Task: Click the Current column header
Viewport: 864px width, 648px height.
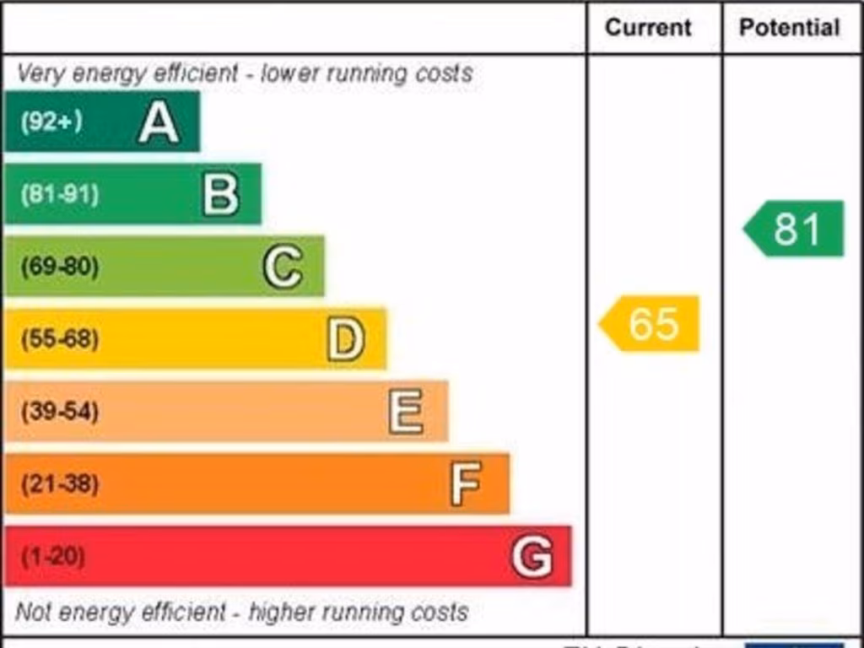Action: point(648,28)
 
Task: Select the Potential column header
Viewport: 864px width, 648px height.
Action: point(789,28)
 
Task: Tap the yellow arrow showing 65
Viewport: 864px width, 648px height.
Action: point(651,323)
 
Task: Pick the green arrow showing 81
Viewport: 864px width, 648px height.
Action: point(795,229)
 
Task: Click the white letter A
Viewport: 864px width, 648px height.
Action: point(159,122)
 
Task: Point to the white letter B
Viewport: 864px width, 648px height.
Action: point(221,194)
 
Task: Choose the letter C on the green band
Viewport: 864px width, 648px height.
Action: point(283,267)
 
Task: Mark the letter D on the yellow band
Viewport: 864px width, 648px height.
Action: point(346,339)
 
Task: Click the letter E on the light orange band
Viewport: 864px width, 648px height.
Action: point(407,412)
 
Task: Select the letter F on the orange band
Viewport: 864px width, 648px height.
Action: point(466,483)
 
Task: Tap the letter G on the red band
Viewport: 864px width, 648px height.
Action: point(532,557)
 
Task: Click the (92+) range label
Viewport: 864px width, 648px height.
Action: point(51,122)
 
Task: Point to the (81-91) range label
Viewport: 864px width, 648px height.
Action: point(60,195)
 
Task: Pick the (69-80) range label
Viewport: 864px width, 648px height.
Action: point(60,267)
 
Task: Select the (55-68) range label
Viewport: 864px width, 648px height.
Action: point(60,340)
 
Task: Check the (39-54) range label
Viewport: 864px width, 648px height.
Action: point(60,413)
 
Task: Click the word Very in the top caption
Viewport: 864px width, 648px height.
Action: point(40,74)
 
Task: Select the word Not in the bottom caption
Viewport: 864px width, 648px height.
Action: point(33,612)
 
